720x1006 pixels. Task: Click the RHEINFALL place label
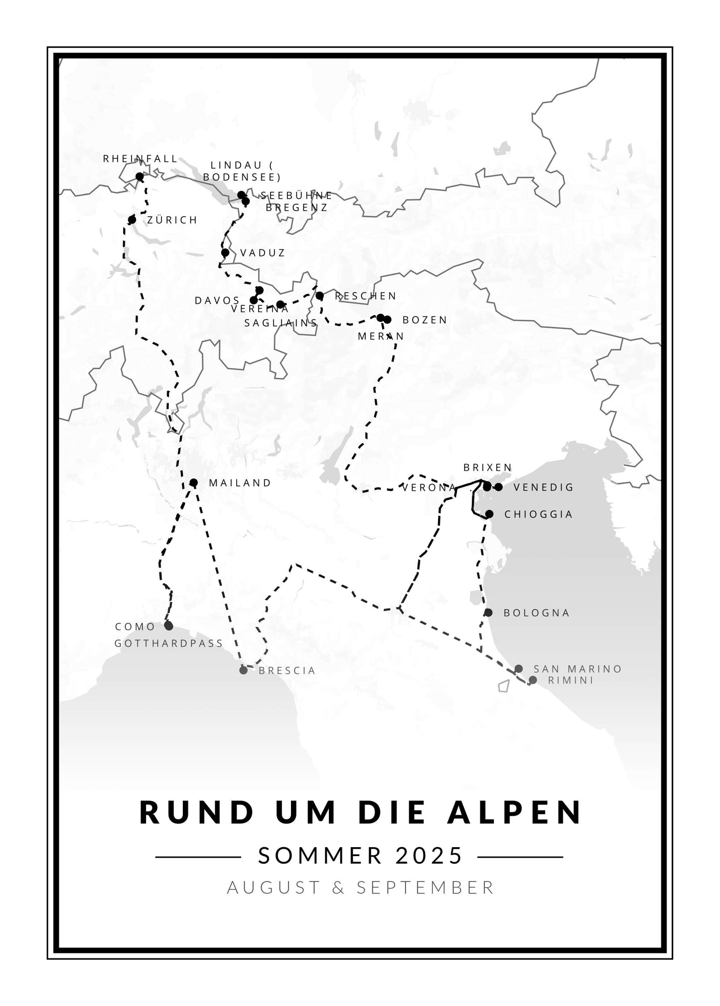(140, 159)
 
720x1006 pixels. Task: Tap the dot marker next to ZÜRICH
(132, 220)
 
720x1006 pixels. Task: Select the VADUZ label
(263, 253)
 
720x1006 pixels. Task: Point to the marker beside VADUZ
(225, 252)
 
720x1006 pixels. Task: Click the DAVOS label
(217, 300)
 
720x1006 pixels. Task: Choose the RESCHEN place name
(366, 296)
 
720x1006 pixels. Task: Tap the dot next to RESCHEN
(320, 296)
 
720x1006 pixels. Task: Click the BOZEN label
(425, 320)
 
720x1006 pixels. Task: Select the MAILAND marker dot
(194, 483)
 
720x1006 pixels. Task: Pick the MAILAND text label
(240, 483)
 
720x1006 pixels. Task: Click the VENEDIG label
(544, 487)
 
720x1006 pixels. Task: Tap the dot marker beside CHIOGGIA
(489, 513)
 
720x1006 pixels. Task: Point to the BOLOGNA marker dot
(488, 612)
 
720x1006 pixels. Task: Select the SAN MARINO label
(577, 669)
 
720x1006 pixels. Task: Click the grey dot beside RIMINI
(533, 680)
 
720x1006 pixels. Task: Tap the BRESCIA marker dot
(243, 670)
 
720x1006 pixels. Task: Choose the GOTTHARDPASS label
(169, 643)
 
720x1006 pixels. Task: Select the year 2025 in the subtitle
(430, 856)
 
